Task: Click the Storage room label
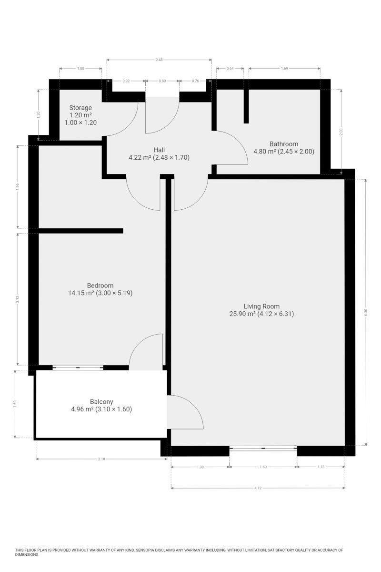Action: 80,108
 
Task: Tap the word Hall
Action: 159,150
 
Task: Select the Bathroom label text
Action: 284,144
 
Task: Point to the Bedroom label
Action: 100,286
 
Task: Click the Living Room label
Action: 261,306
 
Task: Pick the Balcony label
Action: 101,401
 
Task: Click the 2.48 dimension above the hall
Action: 159,60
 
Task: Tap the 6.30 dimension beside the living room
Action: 365,311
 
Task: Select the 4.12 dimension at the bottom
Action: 258,488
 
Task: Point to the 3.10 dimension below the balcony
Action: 101,459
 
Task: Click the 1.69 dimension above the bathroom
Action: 284,69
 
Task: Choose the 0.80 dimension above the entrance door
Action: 162,81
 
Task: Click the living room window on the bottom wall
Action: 263,448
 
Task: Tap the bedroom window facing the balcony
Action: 78,367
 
